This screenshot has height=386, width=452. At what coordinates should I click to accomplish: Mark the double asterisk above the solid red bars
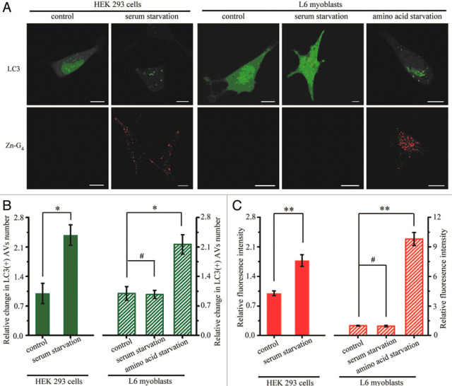(288, 210)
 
